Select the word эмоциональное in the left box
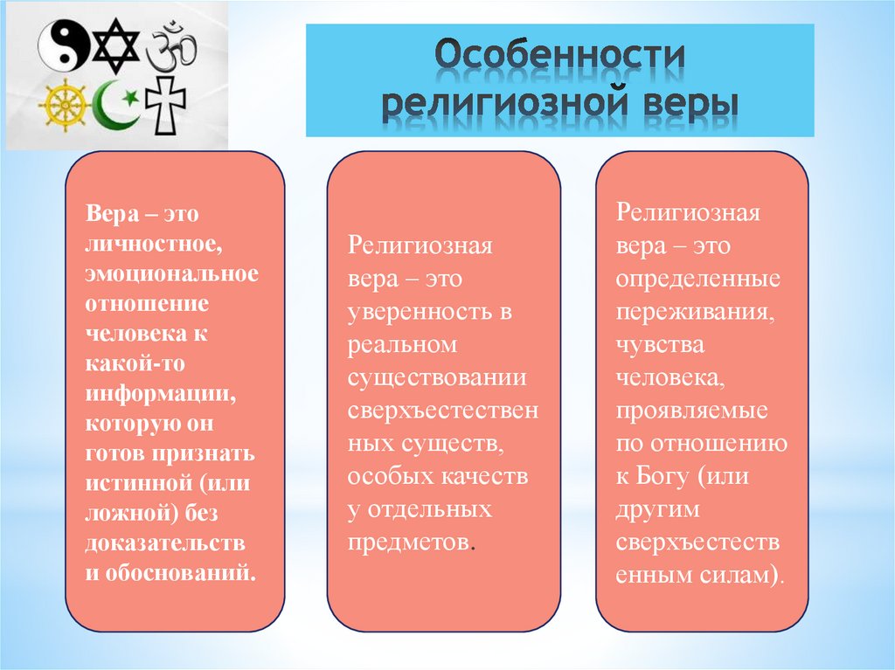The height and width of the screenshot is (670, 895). tap(172, 273)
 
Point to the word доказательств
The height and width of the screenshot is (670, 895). tap(164, 543)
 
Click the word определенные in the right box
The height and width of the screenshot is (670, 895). tap(698, 279)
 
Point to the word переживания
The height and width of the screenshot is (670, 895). tap(693, 311)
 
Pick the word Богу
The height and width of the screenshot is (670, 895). tap(670, 477)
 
